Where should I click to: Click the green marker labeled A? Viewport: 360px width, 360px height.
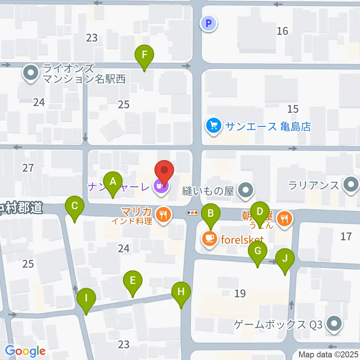tap(112, 183)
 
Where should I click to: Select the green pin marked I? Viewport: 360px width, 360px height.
tap(86, 299)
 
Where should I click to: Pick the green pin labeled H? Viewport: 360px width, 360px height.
tap(181, 292)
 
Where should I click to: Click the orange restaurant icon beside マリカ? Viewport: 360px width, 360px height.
tap(163, 215)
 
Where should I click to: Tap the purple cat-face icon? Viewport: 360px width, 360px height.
tap(160, 185)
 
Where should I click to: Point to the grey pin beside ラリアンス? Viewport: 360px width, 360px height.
tap(351, 185)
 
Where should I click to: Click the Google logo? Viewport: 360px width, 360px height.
tap(25, 351)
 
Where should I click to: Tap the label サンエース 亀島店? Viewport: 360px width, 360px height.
tap(268, 126)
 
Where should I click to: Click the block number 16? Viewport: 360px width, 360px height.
tap(282, 31)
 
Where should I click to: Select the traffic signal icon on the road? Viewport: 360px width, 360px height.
tap(192, 212)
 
